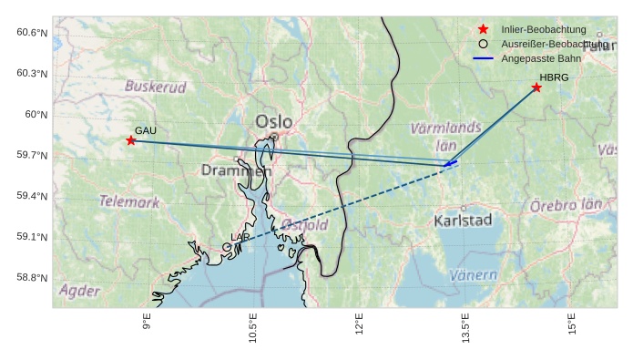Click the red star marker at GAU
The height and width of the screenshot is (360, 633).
[x=131, y=140]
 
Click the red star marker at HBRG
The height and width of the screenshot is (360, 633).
[x=536, y=87]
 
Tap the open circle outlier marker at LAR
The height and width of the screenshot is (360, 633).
[x=227, y=247]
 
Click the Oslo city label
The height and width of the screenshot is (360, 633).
[x=274, y=121]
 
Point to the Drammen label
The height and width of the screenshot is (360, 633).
[x=236, y=170]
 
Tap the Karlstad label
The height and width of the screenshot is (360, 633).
[x=463, y=221]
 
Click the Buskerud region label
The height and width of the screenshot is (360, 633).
[x=155, y=87]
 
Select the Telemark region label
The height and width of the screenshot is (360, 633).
[x=128, y=201]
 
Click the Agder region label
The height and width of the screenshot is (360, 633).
[x=79, y=291]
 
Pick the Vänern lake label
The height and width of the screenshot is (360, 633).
[x=474, y=274]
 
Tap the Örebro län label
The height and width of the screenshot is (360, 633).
[x=566, y=206]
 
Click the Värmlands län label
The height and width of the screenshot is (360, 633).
[x=445, y=136]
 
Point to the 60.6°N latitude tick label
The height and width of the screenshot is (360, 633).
[x=32, y=33]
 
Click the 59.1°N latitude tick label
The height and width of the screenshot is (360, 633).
[x=32, y=237]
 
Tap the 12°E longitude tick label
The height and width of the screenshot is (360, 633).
[x=359, y=324]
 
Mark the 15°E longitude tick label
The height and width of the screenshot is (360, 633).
[x=572, y=324]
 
